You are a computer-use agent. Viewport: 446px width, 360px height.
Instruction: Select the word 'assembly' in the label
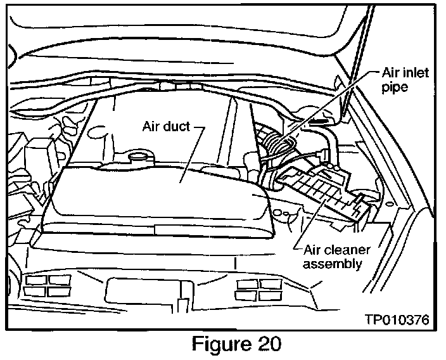click(x=334, y=263)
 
